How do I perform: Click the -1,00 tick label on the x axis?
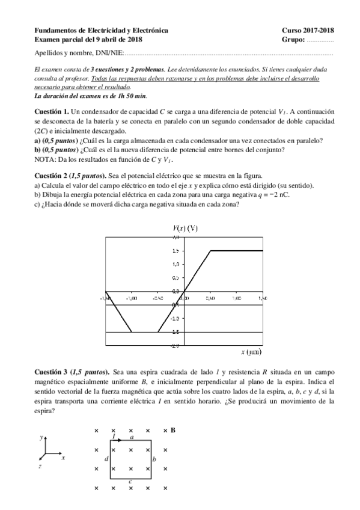[131, 298]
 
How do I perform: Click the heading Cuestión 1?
[52, 112]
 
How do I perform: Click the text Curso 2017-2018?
[308, 30]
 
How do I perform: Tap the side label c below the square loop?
[130, 481]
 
